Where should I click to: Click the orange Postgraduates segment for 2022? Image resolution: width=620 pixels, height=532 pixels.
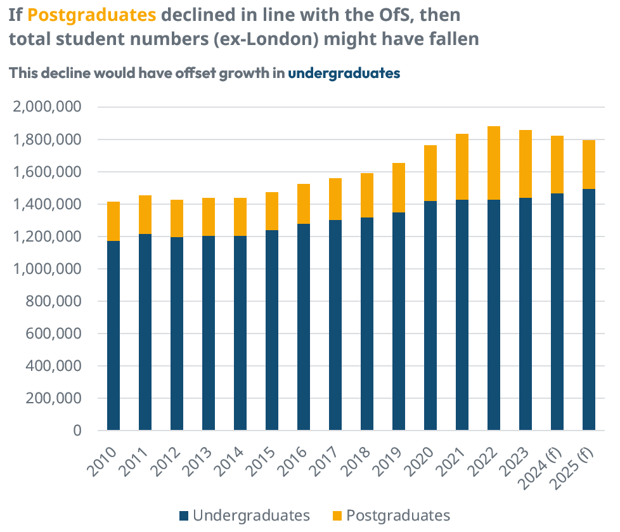pos(494,163)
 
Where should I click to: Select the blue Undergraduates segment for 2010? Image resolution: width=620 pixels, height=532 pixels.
pos(113,335)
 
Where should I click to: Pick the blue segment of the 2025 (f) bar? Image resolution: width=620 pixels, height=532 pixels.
pos(589,309)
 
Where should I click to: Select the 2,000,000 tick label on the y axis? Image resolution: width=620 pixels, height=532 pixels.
pos(48,107)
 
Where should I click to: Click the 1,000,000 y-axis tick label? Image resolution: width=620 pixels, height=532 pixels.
pos(48,269)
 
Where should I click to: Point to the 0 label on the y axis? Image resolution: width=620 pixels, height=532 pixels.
pos(77,431)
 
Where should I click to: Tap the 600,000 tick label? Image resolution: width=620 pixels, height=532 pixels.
pos(56,334)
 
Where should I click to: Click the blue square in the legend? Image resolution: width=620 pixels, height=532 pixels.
pos(184,515)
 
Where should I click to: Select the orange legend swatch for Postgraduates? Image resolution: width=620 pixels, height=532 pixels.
pos(337,515)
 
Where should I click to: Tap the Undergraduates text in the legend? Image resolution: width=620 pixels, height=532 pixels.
pos(251,515)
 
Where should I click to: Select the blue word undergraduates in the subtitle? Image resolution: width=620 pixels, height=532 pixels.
pos(344,73)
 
